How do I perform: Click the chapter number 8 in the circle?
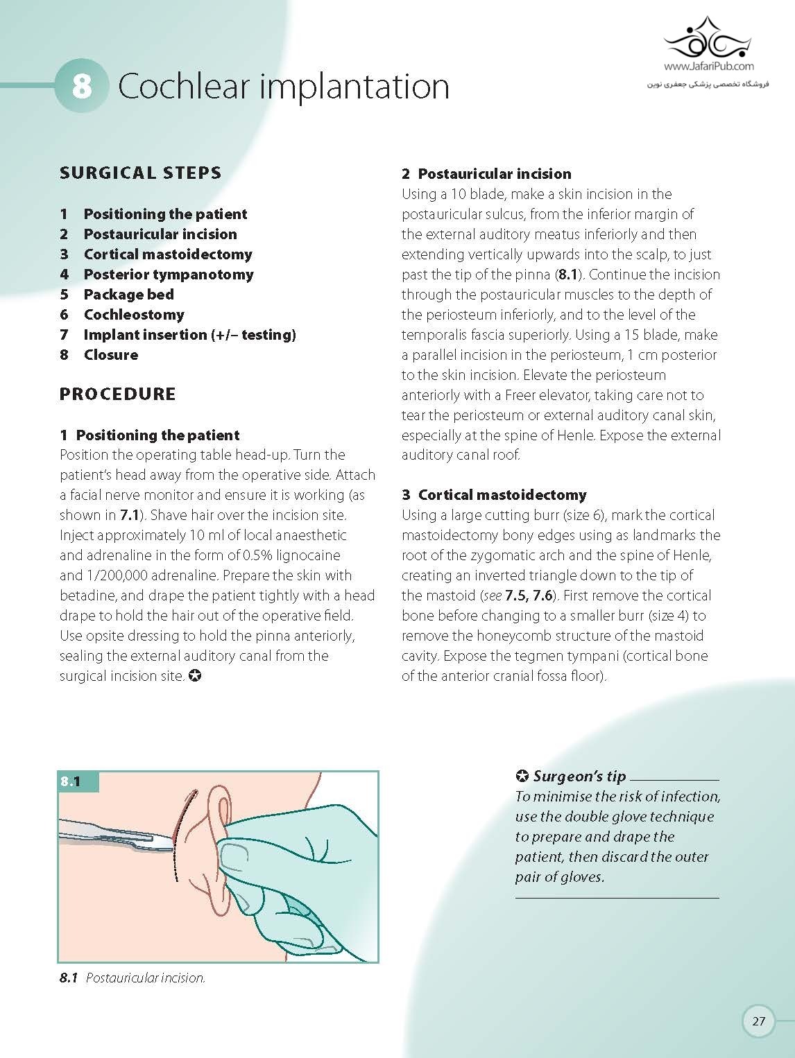coord(82,86)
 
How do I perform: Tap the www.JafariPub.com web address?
coord(708,67)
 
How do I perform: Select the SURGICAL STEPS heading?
coord(140,173)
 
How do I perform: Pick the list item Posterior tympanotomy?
coord(168,275)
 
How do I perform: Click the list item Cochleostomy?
coord(134,315)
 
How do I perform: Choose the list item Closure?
coord(110,355)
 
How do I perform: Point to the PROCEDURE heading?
coord(117,394)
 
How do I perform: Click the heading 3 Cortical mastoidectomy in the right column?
coord(494,495)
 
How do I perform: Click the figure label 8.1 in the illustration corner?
coord(70,781)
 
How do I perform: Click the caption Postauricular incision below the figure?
coord(145,978)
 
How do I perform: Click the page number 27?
coord(758,1021)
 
